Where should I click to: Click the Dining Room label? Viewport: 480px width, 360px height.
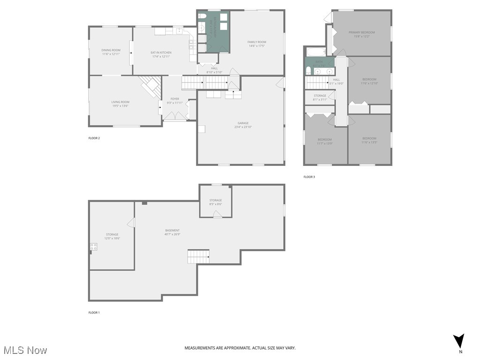coord(111,52)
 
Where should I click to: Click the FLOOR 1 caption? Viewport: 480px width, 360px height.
coord(94,313)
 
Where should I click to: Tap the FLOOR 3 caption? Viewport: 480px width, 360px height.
coord(309,177)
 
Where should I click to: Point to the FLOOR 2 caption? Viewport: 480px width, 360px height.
coord(94,138)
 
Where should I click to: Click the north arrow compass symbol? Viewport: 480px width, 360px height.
coord(460,341)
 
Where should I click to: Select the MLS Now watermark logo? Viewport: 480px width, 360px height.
coord(25,350)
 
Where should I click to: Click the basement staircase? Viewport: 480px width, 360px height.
coord(198,256)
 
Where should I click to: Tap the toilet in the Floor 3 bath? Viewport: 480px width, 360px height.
coord(308,71)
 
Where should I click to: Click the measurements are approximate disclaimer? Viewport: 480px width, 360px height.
coord(240,348)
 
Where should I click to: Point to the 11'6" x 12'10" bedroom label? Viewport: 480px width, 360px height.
coord(369,81)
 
